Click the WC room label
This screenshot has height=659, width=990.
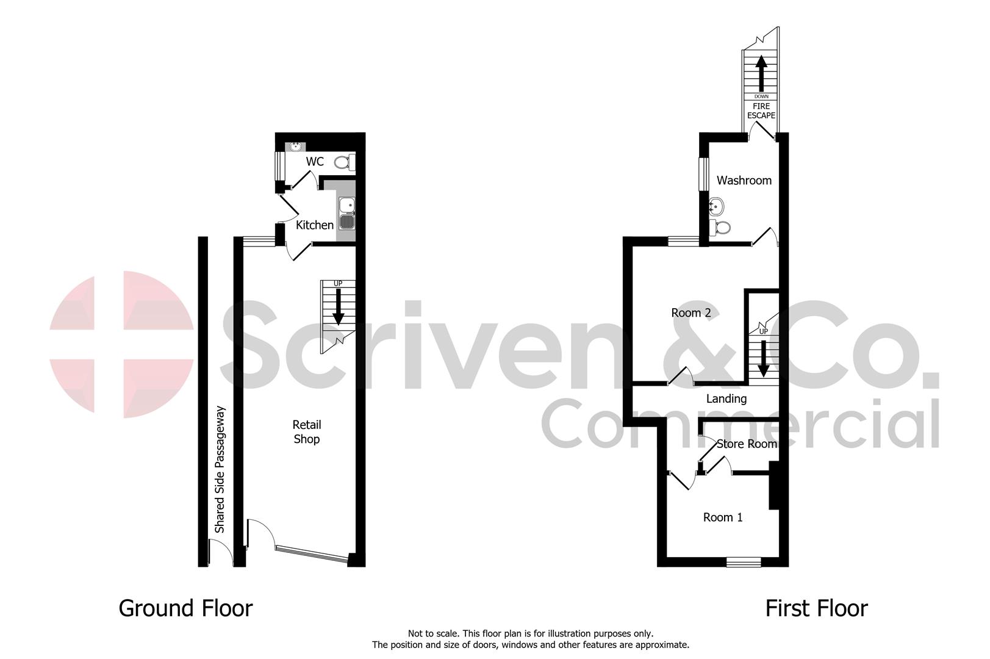(x=315, y=162)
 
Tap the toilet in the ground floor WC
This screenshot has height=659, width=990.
(x=344, y=162)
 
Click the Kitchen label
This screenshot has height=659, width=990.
(x=315, y=225)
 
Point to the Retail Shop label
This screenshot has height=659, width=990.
(x=307, y=432)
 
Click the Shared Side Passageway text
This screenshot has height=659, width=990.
(x=220, y=469)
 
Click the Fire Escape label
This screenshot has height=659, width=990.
(x=761, y=110)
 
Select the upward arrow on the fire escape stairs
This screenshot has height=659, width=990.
(x=761, y=73)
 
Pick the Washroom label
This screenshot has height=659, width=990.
(x=744, y=180)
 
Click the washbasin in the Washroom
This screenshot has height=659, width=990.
(x=717, y=207)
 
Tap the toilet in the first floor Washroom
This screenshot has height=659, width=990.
(x=721, y=228)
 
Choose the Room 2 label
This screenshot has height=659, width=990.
(x=691, y=312)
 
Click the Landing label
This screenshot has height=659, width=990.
(x=726, y=398)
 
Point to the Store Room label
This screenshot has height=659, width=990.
(x=747, y=444)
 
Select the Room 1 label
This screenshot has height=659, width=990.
(x=723, y=517)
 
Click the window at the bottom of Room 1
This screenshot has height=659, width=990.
(x=744, y=561)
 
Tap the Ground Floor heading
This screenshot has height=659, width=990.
(x=185, y=608)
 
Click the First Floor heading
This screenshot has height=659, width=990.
(x=816, y=608)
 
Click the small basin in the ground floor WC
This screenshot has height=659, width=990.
(x=296, y=146)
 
